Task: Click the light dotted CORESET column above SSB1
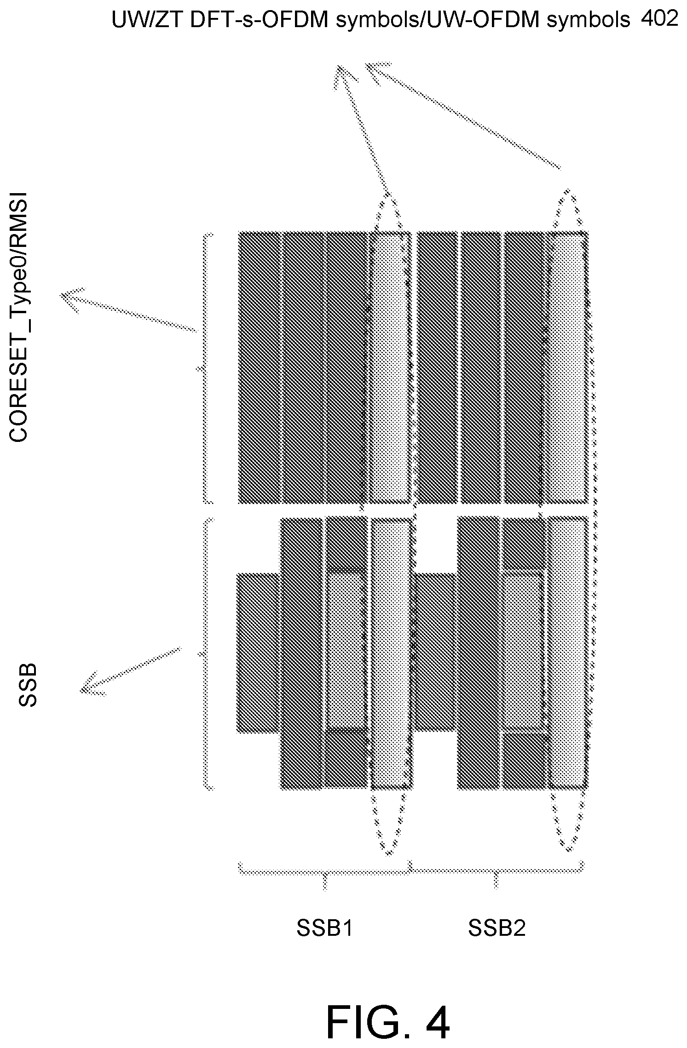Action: pyautogui.click(x=389, y=367)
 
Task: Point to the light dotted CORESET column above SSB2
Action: pyautogui.click(x=569, y=367)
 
